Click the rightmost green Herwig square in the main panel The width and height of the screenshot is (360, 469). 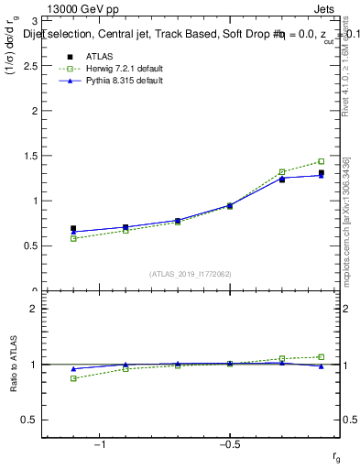321,161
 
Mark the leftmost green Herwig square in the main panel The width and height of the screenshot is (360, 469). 73,238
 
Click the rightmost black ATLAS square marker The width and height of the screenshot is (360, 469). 321,173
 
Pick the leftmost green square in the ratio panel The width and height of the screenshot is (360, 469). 73,378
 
